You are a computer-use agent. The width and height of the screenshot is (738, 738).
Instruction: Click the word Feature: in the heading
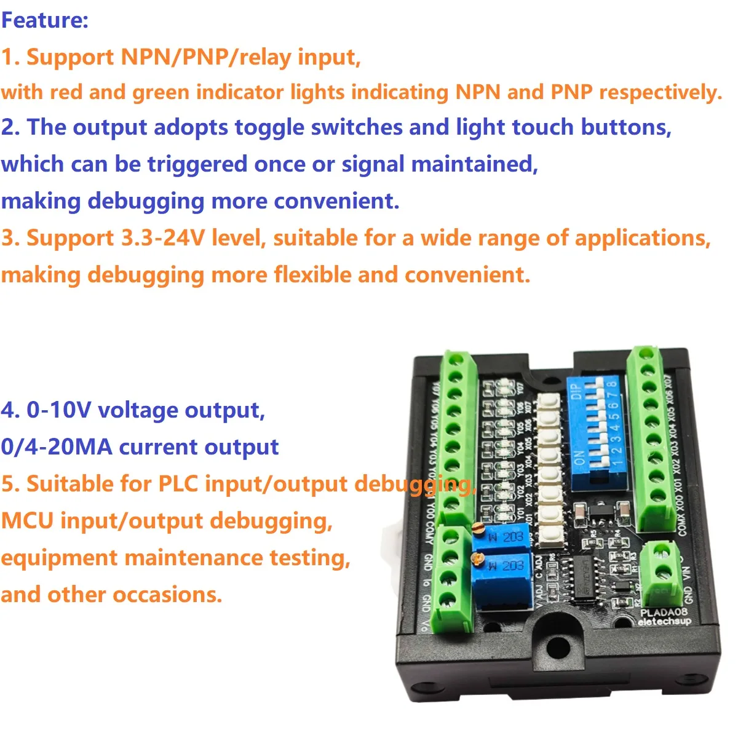coord(45,20)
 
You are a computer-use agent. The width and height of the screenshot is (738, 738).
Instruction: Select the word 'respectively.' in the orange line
coord(660,92)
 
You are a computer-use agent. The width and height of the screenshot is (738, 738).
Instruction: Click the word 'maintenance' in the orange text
coord(192,558)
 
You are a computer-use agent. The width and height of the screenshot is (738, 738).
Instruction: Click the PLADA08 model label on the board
coord(664,612)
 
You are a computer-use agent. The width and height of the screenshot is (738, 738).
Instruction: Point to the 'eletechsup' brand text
coord(664,622)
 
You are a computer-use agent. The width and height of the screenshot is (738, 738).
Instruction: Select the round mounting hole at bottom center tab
coord(558,646)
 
